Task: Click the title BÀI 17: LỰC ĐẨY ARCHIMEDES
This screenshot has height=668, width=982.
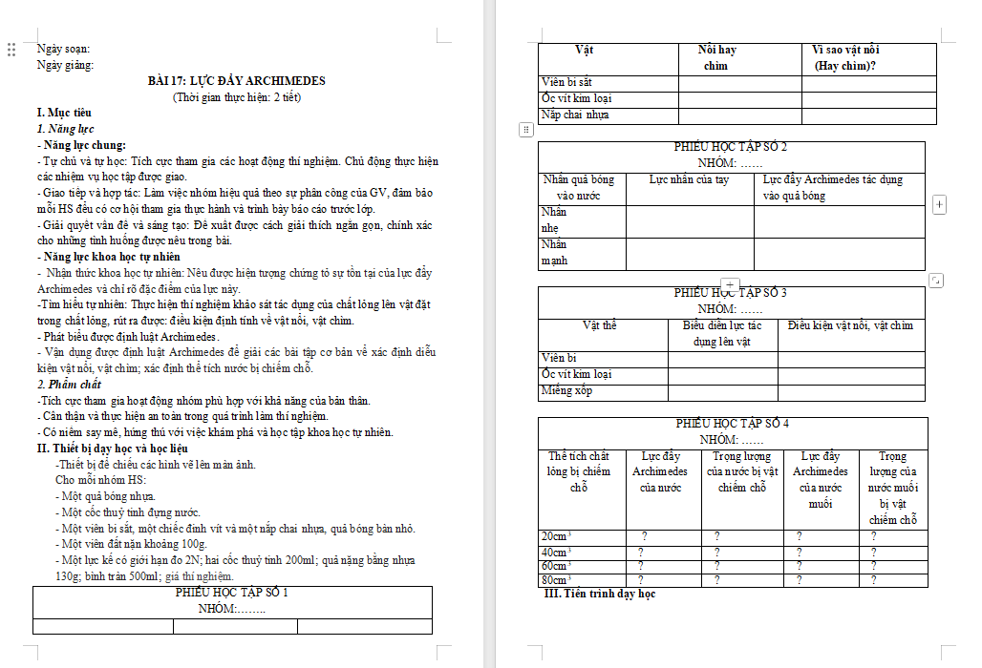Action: coord(236,80)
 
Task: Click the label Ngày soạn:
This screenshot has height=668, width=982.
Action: coord(64,48)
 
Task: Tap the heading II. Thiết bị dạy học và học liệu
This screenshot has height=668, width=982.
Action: coord(112,449)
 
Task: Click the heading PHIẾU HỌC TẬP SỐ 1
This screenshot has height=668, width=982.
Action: coord(232,594)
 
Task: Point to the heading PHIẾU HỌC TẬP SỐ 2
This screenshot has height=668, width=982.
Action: coord(731,147)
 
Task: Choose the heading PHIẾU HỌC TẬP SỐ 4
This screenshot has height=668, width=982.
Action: coord(732,424)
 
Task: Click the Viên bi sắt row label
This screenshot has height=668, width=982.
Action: coord(566,83)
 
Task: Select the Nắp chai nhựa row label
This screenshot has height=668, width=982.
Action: coord(575,115)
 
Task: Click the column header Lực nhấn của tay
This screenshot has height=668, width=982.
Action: coord(689,179)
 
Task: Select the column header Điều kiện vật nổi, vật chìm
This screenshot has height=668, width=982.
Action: coord(850,326)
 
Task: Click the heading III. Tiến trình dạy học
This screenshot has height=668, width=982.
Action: coord(599,595)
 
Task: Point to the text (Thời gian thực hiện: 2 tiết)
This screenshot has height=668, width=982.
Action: coord(236,97)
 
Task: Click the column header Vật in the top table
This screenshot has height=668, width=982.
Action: coord(584,50)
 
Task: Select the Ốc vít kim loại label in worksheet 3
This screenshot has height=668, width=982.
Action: coord(576,374)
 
